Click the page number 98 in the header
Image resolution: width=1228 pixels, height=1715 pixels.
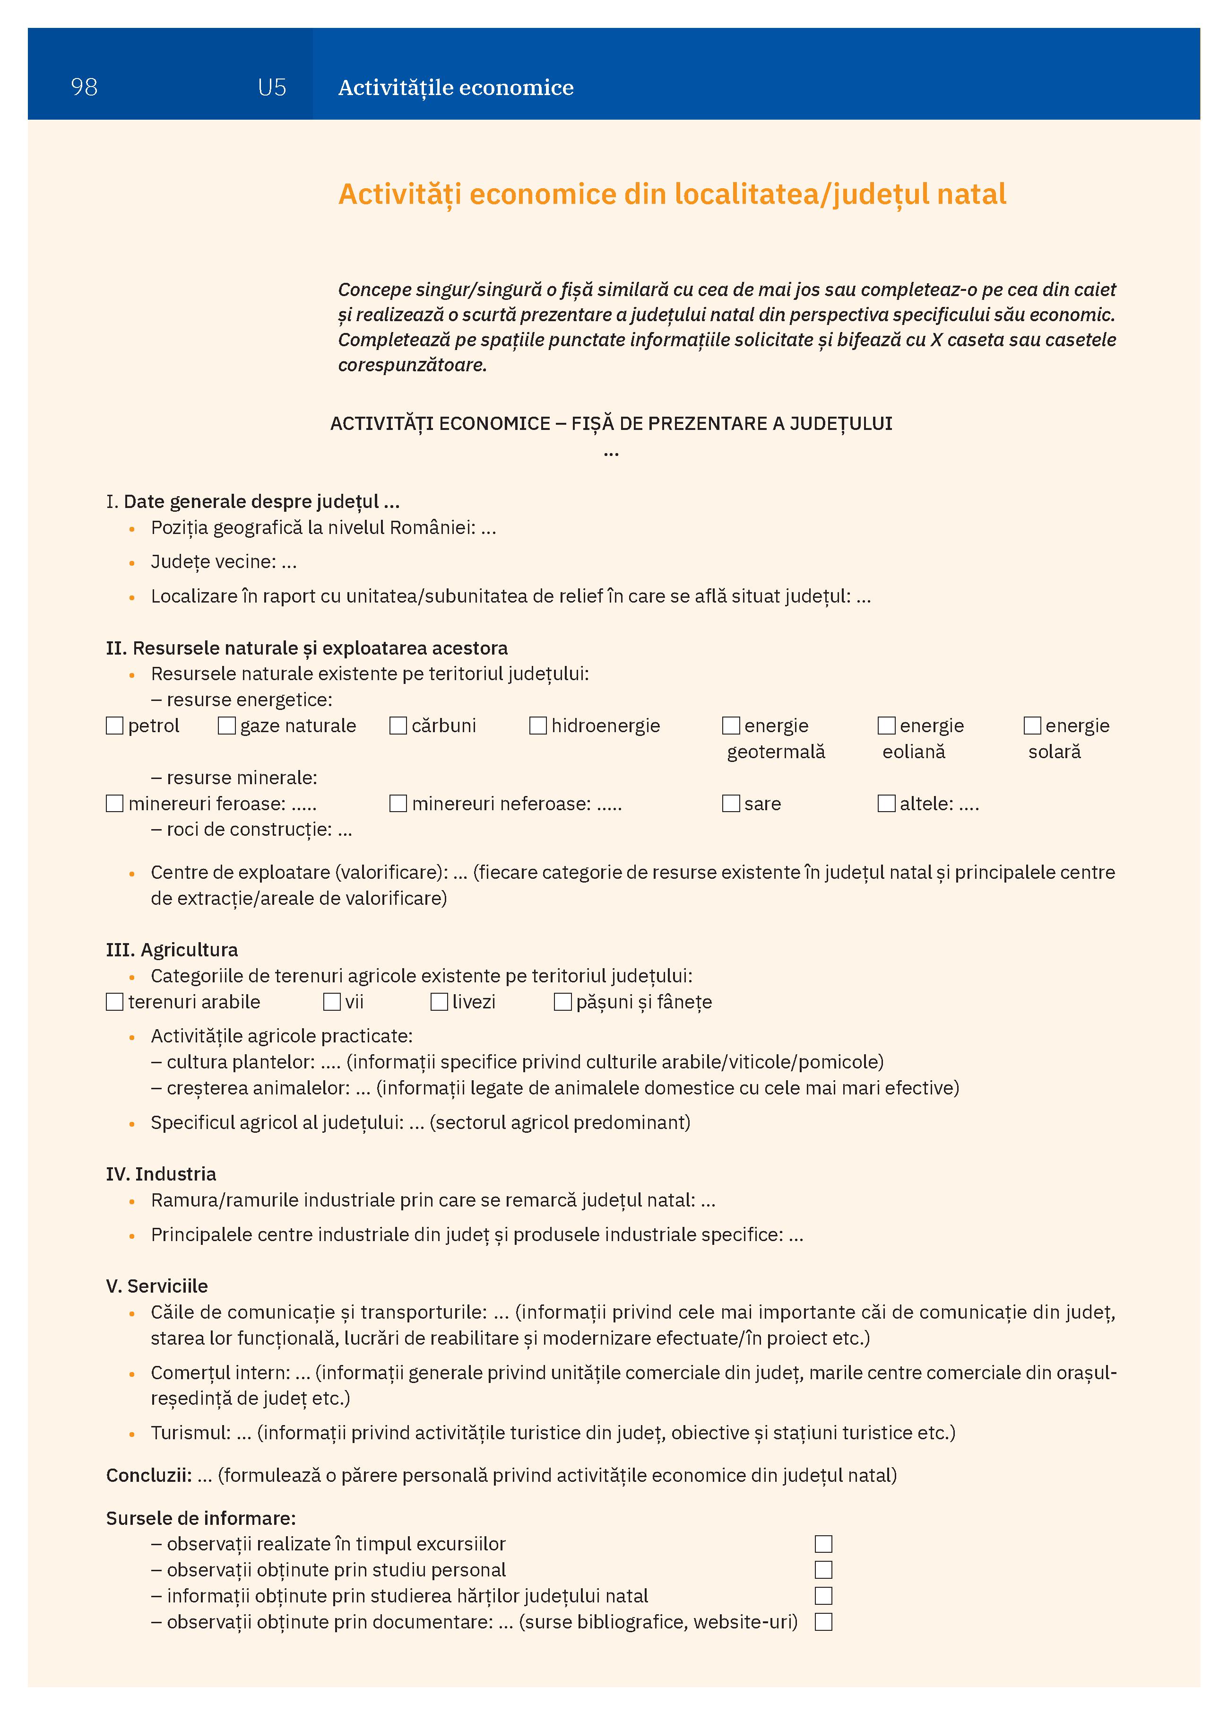pyautogui.click(x=84, y=87)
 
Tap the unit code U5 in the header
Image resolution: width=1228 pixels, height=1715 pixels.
pyautogui.click(x=271, y=87)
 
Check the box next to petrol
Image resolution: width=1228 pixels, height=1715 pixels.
pyautogui.click(x=115, y=726)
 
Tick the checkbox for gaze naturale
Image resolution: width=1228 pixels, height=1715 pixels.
pyautogui.click(x=227, y=726)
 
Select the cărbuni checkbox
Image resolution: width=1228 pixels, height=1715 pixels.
pyautogui.click(x=398, y=726)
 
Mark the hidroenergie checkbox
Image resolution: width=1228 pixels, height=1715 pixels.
pyautogui.click(x=538, y=726)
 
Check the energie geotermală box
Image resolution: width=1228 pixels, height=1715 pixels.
pyautogui.click(x=731, y=726)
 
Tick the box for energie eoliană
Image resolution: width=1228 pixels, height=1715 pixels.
pyautogui.click(x=886, y=726)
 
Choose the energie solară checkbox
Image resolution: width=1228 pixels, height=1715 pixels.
pyautogui.click(x=1032, y=726)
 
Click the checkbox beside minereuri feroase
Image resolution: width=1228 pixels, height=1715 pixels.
pyautogui.click(x=115, y=804)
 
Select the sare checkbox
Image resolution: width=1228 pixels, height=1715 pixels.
pyautogui.click(x=731, y=804)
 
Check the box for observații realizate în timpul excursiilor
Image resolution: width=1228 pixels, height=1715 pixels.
pyautogui.click(x=824, y=1544)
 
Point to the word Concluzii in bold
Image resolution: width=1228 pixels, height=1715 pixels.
pyautogui.click(x=148, y=1475)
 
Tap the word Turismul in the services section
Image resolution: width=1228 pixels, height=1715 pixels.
pyautogui.click(x=190, y=1433)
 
